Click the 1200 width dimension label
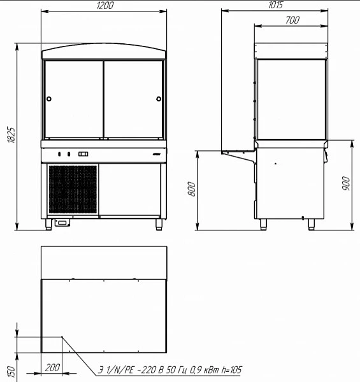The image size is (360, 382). pyautogui.click(x=105, y=5)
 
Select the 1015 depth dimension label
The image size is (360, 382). pyautogui.click(x=275, y=5)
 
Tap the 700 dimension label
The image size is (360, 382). pyautogui.click(x=292, y=20)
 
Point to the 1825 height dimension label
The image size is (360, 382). pyautogui.click(x=11, y=135)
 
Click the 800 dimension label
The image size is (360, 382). pyautogui.click(x=192, y=189)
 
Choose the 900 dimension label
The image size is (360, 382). pyautogui.click(x=345, y=183)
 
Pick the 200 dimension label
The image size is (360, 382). pyautogui.click(x=52, y=367)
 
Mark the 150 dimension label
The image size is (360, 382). pyautogui.click(x=11, y=372)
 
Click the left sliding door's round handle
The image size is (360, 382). pyautogui.click(x=49, y=99)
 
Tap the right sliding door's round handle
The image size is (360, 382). pyautogui.click(x=159, y=99)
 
